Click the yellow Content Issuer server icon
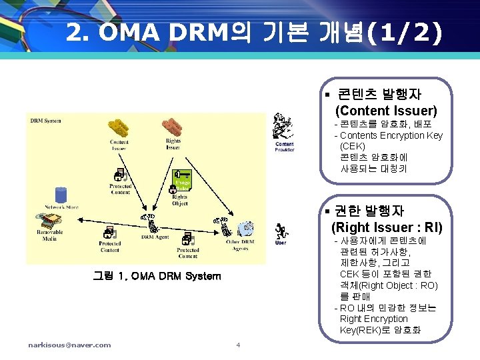[x=120, y=129]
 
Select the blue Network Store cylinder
[x=61, y=195]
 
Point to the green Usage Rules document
[x=181, y=182]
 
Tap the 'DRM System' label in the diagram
[x=46, y=121]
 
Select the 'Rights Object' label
[x=180, y=200]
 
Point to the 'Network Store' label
[x=62, y=207]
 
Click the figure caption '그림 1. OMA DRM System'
[x=157, y=276]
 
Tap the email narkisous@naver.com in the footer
[x=69, y=345]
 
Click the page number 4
[x=238, y=345]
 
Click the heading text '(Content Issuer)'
[x=386, y=110]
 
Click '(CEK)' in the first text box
[x=352, y=146]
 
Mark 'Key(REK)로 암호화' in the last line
[x=380, y=331]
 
